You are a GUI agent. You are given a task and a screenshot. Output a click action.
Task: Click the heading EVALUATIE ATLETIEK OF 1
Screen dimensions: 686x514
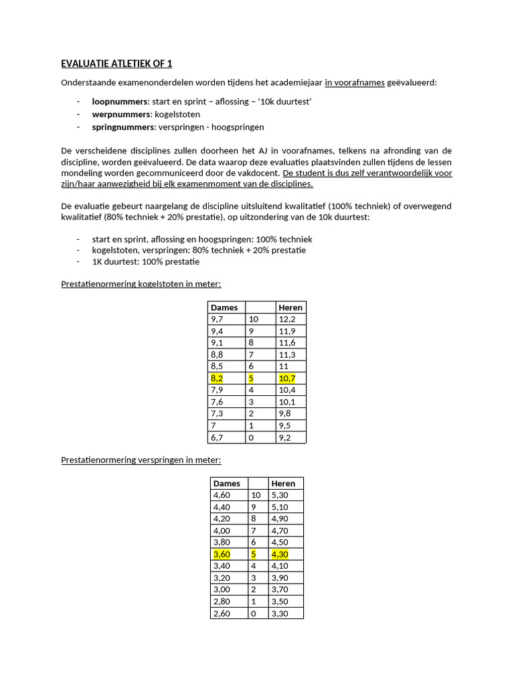[x=116, y=64]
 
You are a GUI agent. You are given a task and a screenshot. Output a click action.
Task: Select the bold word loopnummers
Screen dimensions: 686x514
[x=120, y=101]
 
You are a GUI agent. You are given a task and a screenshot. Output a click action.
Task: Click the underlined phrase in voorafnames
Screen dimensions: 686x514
[x=355, y=82]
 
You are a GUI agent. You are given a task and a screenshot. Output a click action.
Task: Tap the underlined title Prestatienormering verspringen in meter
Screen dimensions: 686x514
[x=141, y=460]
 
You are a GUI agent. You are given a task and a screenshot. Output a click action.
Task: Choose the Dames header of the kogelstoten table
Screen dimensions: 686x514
[x=224, y=307]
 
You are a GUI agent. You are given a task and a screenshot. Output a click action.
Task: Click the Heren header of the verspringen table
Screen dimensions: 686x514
[x=282, y=484]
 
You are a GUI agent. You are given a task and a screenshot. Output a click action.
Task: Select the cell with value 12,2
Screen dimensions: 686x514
[x=286, y=320]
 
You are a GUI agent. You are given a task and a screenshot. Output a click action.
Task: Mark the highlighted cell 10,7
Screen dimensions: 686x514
[x=286, y=379]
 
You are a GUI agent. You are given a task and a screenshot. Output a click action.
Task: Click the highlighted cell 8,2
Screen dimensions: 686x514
[x=218, y=379]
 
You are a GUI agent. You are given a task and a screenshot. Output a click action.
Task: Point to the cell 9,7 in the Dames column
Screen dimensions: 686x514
[x=218, y=320]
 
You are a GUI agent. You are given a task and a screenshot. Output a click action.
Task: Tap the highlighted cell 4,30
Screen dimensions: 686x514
[x=280, y=555]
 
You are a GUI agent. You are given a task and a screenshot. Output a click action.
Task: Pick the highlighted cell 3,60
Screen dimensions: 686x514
[x=222, y=555]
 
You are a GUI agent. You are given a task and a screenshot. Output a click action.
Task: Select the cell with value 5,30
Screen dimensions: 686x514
[x=280, y=495]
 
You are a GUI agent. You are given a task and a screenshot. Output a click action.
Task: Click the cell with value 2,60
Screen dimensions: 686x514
[x=222, y=613]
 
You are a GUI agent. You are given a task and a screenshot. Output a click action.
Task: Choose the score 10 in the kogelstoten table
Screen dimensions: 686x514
[x=253, y=320]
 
